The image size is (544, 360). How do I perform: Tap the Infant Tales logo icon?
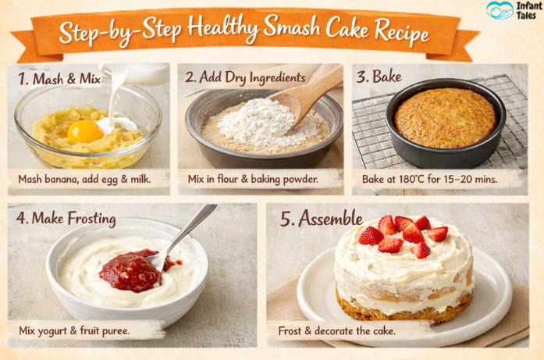pyautogui.click(x=500, y=10)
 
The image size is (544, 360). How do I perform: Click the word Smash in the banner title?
pyautogui.click(x=291, y=27)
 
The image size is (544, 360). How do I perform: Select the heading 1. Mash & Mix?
pyautogui.click(x=59, y=79)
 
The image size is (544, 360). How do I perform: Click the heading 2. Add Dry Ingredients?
pyautogui.click(x=245, y=77)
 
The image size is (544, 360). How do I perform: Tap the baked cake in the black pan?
pyautogui.click(x=446, y=118)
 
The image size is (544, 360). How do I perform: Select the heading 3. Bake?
pyautogui.click(x=379, y=77)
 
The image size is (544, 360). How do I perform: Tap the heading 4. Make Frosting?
pyautogui.click(x=66, y=219)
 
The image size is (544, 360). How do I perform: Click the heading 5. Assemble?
pyautogui.click(x=322, y=219)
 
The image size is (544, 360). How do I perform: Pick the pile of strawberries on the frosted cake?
pyautogui.click(x=404, y=235)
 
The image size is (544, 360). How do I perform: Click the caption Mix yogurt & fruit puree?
pyautogui.click(x=74, y=330)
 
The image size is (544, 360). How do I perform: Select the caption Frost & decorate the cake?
pyautogui.click(x=336, y=331)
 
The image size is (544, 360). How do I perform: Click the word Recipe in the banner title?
pyautogui.click(x=402, y=31)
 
